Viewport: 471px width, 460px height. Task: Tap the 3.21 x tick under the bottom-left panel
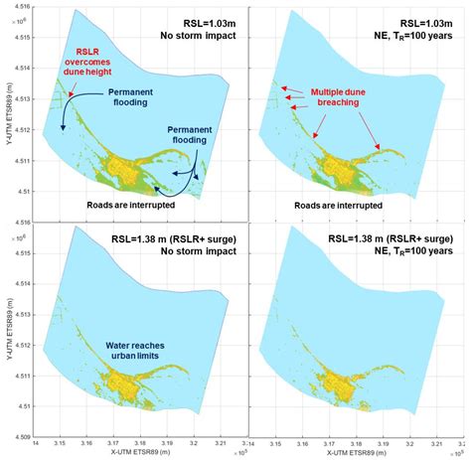click(221, 441)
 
